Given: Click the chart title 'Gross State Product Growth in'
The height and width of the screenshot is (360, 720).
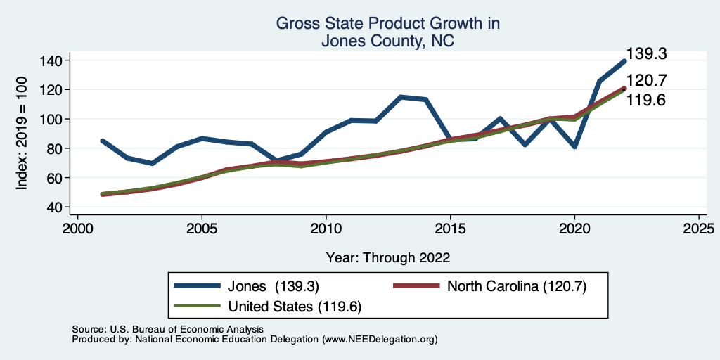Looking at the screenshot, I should pyautogui.click(x=387, y=23).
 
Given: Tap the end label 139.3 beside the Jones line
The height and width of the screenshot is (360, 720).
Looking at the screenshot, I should pyautogui.click(x=646, y=54).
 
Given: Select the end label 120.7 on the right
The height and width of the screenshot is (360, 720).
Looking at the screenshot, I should pyautogui.click(x=646, y=81).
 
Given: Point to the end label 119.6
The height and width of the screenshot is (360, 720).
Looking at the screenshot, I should pyautogui.click(x=646, y=100).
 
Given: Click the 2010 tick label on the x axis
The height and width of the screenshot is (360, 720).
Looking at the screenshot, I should pyautogui.click(x=326, y=229).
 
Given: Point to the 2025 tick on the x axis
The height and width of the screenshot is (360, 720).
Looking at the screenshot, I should pyautogui.click(x=699, y=229).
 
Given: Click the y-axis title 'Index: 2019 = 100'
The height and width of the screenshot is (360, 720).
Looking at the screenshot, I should pyautogui.click(x=22, y=133).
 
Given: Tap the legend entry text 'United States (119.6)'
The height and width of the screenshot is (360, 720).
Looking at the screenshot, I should pyautogui.click(x=295, y=307).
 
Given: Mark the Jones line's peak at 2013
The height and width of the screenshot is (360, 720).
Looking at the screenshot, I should pyautogui.click(x=401, y=97).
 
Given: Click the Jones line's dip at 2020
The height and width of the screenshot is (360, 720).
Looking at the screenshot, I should pyautogui.click(x=574, y=146).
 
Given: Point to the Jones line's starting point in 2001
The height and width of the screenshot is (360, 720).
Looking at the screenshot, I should pyautogui.click(x=103, y=141).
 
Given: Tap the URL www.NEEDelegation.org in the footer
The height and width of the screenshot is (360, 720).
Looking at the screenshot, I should pyautogui.click(x=380, y=339).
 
